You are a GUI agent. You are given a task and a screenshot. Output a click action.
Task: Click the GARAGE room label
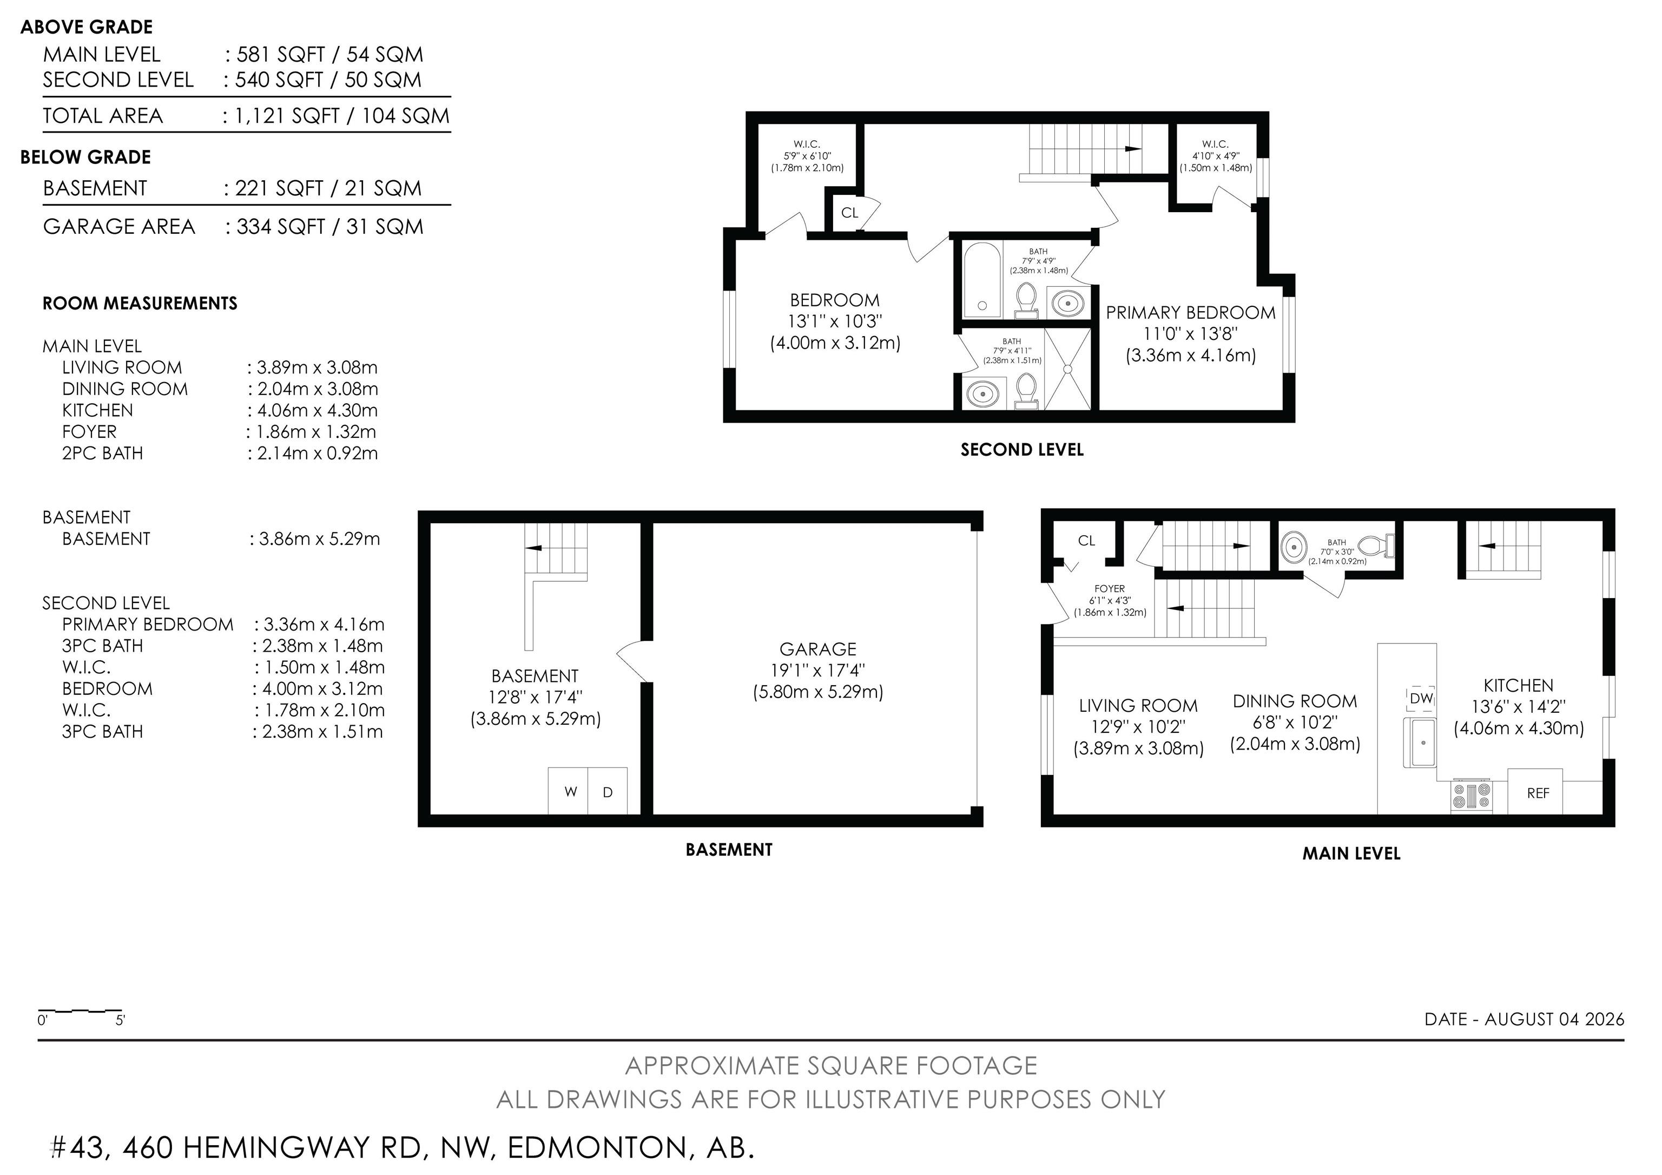817,649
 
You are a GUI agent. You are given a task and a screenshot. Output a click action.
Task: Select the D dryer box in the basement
608,791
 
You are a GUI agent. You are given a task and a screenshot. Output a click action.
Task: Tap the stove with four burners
1472,796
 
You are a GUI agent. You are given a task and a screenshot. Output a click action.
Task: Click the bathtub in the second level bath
982,280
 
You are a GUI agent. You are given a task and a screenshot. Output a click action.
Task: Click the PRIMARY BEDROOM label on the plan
1190,313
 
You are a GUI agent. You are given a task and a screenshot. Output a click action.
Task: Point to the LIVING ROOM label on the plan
1138,706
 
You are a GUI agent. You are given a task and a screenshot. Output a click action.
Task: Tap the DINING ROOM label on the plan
1295,701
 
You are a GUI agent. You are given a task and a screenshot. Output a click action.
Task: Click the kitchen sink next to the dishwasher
1420,742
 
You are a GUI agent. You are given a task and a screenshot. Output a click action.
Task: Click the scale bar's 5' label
120,1021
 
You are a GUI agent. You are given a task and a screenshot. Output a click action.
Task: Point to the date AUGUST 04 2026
1555,1019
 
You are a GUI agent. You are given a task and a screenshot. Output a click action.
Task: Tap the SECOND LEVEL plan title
1021,450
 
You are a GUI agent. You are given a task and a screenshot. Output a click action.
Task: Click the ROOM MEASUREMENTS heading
140,303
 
